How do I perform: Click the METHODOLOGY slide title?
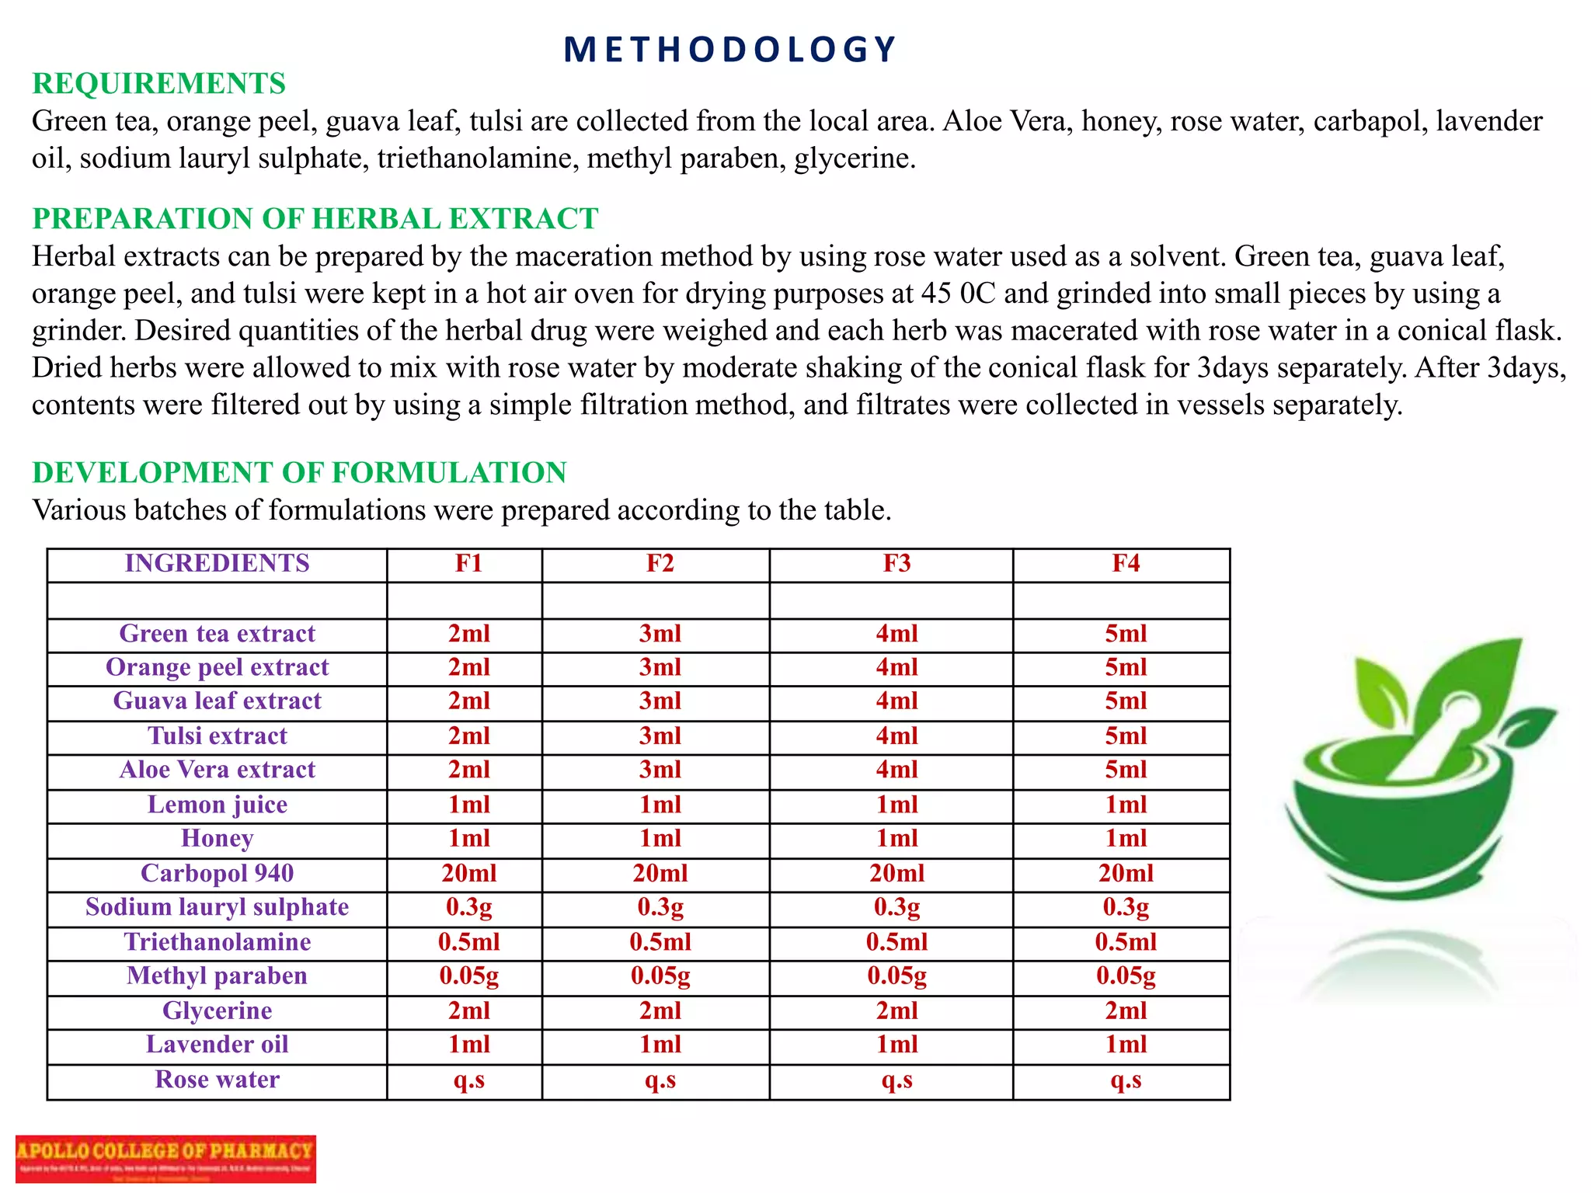pyautogui.click(x=729, y=50)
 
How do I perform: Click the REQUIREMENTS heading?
pyautogui.click(x=158, y=84)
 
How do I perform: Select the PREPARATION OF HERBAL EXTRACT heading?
pyautogui.click(x=315, y=219)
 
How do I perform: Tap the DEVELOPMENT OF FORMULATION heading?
pyautogui.click(x=299, y=472)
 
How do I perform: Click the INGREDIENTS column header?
pyautogui.click(x=217, y=563)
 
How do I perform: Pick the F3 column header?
pyautogui.click(x=896, y=563)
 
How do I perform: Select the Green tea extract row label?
pyautogui.click(x=217, y=634)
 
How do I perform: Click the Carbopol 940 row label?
pyautogui.click(x=217, y=873)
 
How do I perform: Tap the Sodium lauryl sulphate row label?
pyautogui.click(x=217, y=907)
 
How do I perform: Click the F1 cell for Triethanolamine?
pyautogui.click(x=468, y=942)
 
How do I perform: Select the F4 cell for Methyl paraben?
pyautogui.click(x=1126, y=976)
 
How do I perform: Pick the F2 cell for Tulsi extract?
pyautogui.click(x=660, y=736)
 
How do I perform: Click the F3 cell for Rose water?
pyautogui.click(x=896, y=1080)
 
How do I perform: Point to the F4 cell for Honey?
pyautogui.click(x=1126, y=839)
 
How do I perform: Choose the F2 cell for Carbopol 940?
pyautogui.click(x=660, y=873)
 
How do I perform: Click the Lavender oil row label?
pyautogui.click(x=217, y=1045)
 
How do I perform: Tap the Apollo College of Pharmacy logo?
pyautogui.click(x=165, y=1158)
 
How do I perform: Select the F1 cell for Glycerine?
pyautogui.click(x=468, y=1010)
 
